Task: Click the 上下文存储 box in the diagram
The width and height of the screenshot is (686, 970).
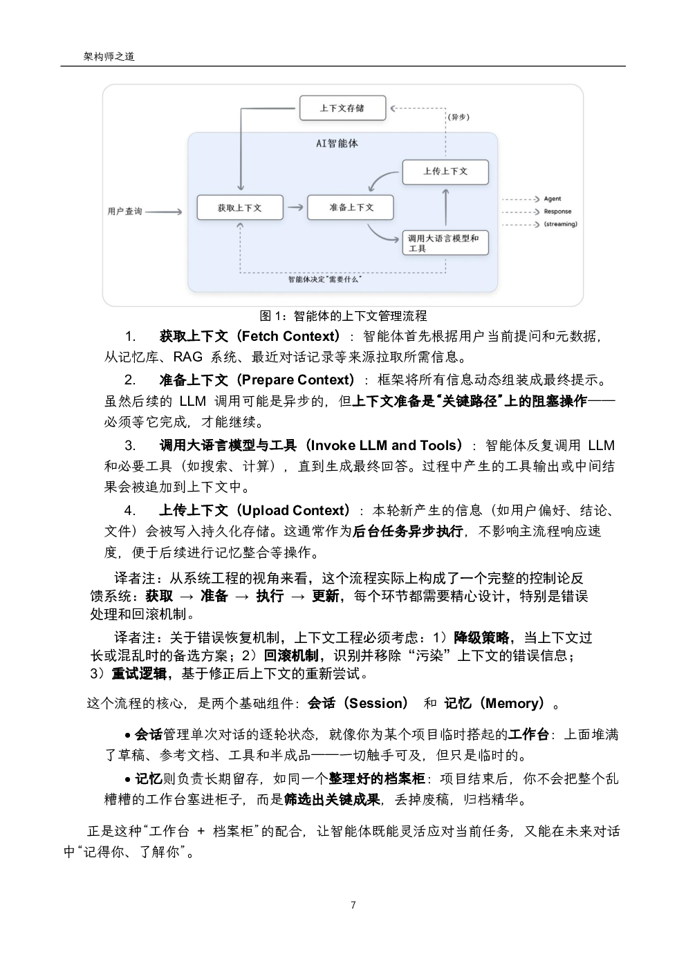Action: coord(342,108)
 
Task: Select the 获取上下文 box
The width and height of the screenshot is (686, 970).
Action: coord(240,207)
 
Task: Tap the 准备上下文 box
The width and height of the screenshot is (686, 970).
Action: coord(351,207)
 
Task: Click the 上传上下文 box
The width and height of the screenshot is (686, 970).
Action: coord(445,172)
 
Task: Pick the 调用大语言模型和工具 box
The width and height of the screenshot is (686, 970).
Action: coord(445,243)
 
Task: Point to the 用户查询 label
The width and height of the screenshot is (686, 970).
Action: coord(124,212)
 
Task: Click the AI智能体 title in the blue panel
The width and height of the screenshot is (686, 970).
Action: coord(337,143)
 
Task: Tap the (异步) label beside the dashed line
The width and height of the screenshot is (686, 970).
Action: coord(458,117)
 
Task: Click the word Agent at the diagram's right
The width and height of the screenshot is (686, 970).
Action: coord(552,198)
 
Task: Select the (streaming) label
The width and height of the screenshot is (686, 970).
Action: coord(560,224)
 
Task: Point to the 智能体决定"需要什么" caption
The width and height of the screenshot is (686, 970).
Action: coord(325,279)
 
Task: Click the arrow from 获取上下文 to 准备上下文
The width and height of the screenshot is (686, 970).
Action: coord(295,207)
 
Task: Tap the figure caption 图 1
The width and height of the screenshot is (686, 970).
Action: coord(343,316)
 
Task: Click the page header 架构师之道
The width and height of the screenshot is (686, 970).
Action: coord(109,56)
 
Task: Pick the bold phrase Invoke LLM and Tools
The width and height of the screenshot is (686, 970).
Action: coord(384,445)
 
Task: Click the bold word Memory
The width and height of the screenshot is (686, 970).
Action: coord(514,703)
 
